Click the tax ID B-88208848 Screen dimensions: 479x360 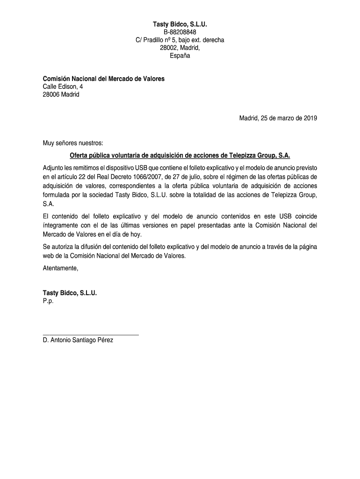[180, 32]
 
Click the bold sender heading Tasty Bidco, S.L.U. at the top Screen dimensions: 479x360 [180, 24]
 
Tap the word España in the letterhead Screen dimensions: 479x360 [180, 56]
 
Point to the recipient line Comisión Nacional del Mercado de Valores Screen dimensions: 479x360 [103, 79]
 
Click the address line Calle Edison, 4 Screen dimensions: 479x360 [63, 87]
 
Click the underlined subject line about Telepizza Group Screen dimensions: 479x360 [180, 155]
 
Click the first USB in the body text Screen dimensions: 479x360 [142, 167]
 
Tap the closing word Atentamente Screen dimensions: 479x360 [60, 268]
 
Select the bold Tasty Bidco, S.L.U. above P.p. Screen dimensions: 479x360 [70, 293]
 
